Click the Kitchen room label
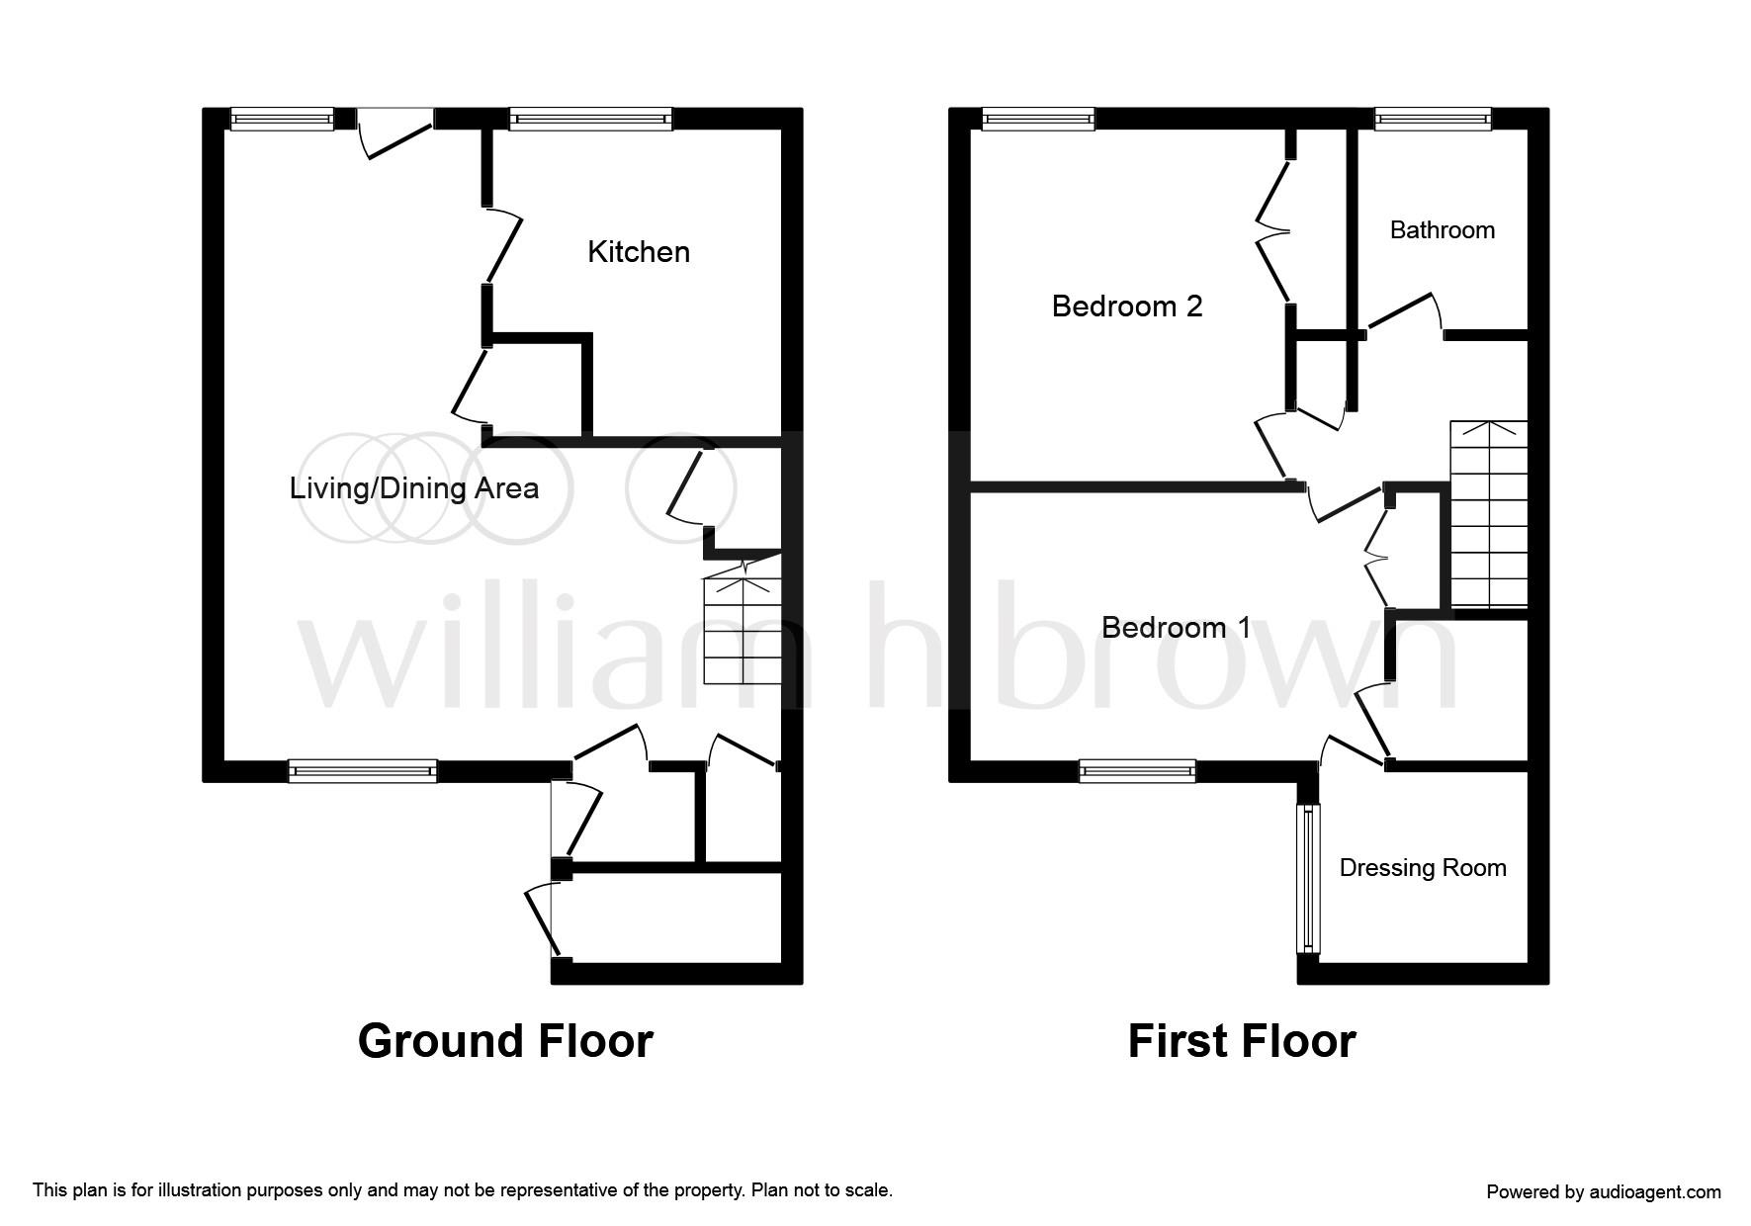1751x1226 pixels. (638, 252)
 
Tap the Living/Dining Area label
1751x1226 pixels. (413, 488)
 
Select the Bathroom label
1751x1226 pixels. (1442, 230)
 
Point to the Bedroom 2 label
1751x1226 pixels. (1126, 306)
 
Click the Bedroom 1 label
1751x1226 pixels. (1176, 628)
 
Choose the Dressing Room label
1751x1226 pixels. (1422, 868)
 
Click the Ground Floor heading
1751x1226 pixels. (504, 1041)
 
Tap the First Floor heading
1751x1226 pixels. (1241, 1041)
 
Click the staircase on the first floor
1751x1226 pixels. (1488, 514)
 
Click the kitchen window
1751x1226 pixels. (590, 120)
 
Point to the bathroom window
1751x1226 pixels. (1433, 120)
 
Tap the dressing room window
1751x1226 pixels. (1308, 878)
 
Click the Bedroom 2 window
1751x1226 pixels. (1038, 120)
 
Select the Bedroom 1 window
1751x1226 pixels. (1137, 770)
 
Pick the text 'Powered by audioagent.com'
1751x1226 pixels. (1603, 1192)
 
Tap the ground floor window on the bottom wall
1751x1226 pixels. (362, 770)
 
